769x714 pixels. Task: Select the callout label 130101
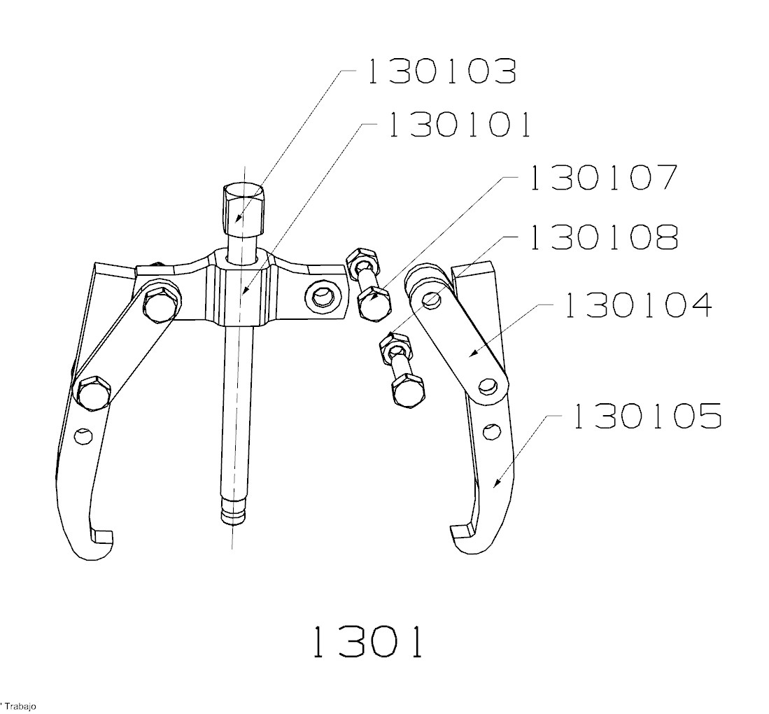click(458, 125)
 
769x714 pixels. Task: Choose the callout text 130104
click(637, 305)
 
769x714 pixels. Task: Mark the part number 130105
click(647, 416)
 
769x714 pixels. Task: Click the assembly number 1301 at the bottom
click(367, 642)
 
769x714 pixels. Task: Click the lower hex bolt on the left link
click(94, 392)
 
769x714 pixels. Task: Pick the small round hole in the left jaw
click(84, 436)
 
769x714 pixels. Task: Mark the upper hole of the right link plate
click(432, 299)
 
